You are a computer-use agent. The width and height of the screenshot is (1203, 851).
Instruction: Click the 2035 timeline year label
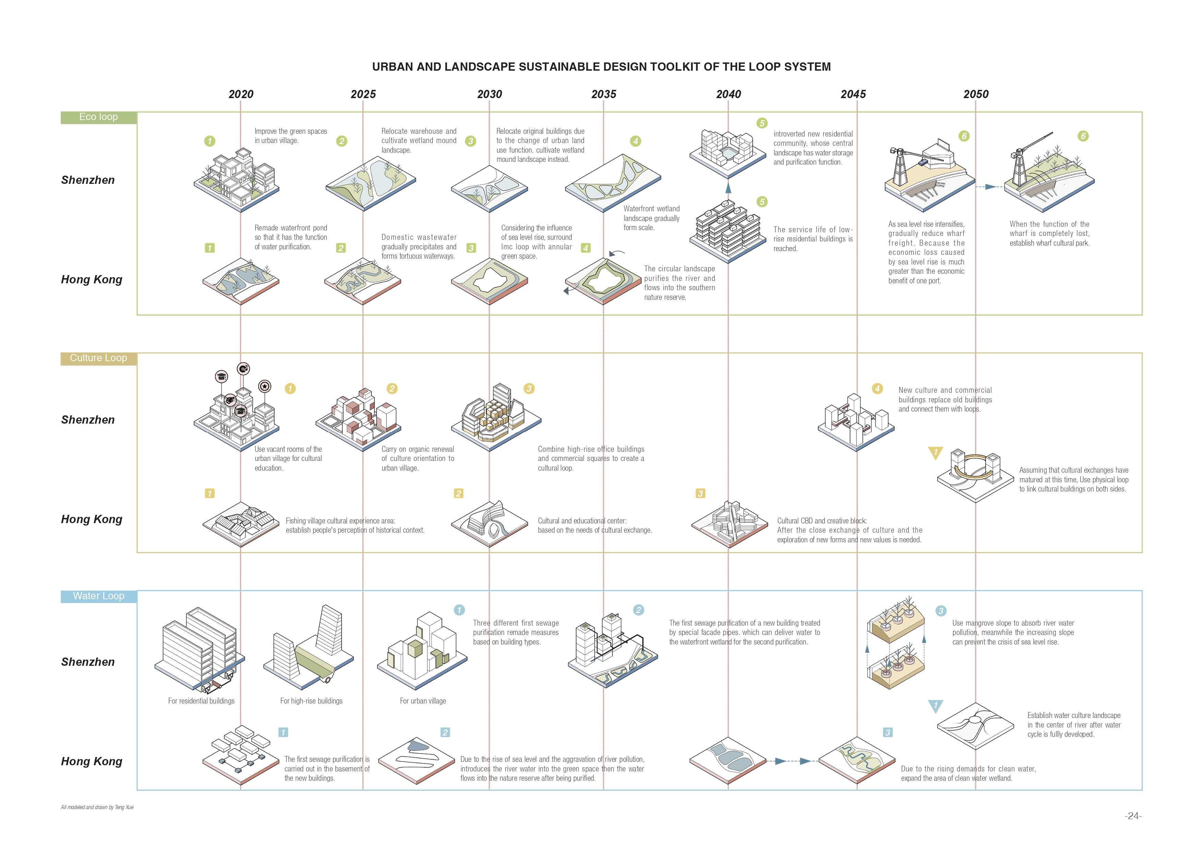[604, 94]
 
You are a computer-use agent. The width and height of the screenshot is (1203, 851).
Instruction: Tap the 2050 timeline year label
[976, 94]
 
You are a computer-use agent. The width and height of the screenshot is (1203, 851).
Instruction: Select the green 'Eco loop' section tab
[98, 117]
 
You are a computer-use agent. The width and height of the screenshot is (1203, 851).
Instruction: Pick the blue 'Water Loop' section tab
[98, 596]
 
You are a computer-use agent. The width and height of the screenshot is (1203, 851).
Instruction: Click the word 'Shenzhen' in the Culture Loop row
[88, 420]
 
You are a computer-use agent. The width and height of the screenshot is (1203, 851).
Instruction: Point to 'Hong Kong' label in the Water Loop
[92, 761]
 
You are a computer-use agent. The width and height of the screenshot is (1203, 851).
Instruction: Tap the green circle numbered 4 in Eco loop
[635, 141]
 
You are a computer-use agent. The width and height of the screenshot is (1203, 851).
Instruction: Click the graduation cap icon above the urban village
[222, 376]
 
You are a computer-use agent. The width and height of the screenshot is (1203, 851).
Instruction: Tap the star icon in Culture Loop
[265, 387]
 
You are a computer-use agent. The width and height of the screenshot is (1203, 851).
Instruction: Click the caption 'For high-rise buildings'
[311, 701]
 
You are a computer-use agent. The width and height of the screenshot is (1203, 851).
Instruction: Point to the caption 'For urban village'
[423, 701]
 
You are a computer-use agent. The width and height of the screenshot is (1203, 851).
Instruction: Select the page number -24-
[1133, 816]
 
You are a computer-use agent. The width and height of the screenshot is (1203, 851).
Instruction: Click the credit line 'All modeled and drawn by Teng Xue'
[97, 807]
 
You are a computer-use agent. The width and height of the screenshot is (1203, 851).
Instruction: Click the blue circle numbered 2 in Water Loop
[638, 610]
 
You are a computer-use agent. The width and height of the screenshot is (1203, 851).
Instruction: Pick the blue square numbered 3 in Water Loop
[888, 733]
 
